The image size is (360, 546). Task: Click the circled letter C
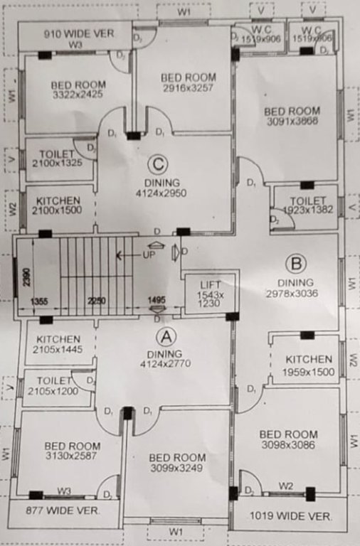click(158, 165)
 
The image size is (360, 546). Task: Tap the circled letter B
click(294, 264)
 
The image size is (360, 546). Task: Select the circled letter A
click(164, 336)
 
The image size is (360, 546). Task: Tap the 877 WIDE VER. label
click(63, 510)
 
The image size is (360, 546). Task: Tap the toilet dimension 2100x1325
click(57, 163)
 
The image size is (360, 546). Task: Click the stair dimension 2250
click(96, 301)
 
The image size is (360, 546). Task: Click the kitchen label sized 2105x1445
click(58, 340)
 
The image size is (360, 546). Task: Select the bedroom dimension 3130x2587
click(72, 456)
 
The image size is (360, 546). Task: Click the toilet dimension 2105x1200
click(53, 391)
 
